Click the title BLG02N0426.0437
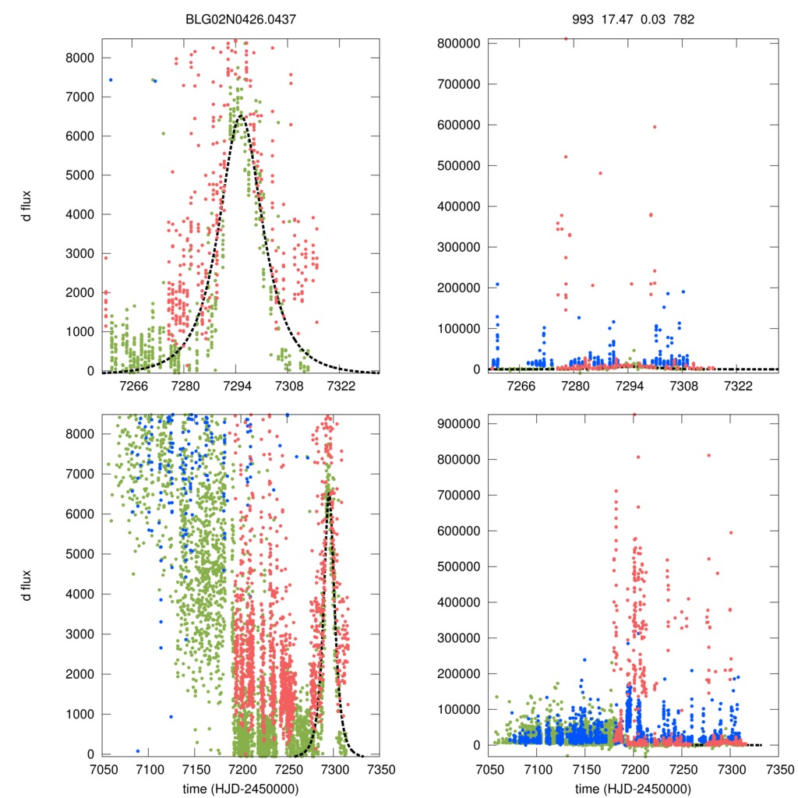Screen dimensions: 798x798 click(x=240, y=18)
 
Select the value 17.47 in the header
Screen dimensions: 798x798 click(x=613, y=18)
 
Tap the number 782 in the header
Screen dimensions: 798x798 click(x=683, y=18)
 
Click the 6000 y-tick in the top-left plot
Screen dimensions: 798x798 click(x=80, y=136)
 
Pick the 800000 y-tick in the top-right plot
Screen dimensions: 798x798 click(x=457, y=43)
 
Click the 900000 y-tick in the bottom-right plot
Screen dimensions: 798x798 click(x=457, y=424)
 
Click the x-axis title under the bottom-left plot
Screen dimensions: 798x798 click(x=240, y=788)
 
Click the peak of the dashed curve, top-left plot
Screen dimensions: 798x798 click(x=239, y=115)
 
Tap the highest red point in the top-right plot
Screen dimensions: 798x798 click(x=566, y=38)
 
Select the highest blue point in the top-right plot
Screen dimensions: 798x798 click(x=497, y=284)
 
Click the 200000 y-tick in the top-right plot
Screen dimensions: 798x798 click(x=457, y=288)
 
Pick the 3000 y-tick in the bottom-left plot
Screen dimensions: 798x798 click(x=80, y=634)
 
